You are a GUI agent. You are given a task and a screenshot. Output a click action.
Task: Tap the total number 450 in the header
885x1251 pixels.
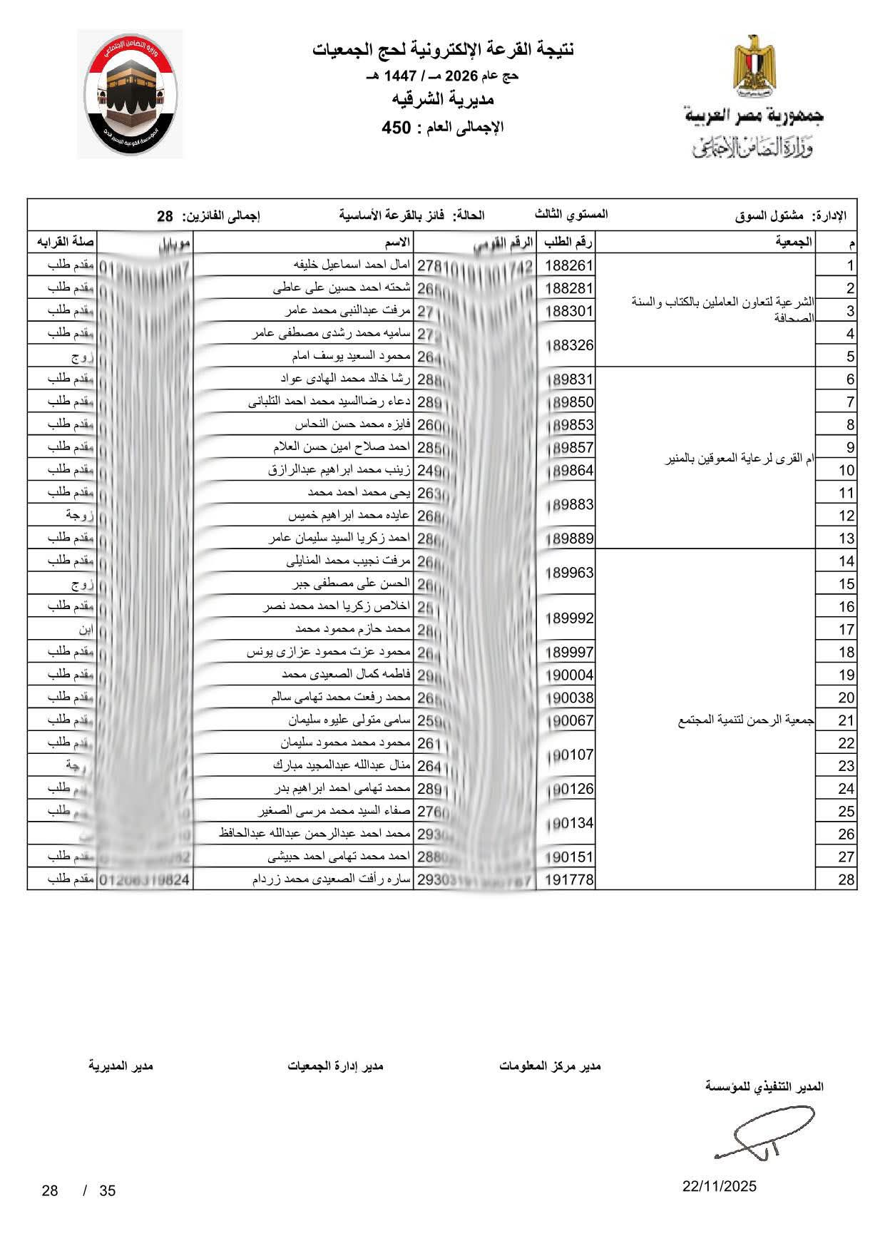coord(397,128)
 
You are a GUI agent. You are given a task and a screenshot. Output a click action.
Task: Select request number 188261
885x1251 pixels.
coord(569,266)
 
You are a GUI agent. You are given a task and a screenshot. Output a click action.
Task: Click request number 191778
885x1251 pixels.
coord(569,880)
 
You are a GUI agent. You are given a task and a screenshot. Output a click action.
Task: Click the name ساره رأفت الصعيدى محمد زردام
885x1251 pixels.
coord(332,879)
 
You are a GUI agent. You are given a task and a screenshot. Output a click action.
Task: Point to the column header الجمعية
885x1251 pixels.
coord(794,242)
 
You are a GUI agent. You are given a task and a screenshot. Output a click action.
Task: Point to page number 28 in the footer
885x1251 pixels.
coord(50,1190)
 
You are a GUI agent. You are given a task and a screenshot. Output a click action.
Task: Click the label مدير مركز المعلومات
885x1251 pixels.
coord(550,1066)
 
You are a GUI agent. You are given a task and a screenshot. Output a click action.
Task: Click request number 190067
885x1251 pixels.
coord(569,720)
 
